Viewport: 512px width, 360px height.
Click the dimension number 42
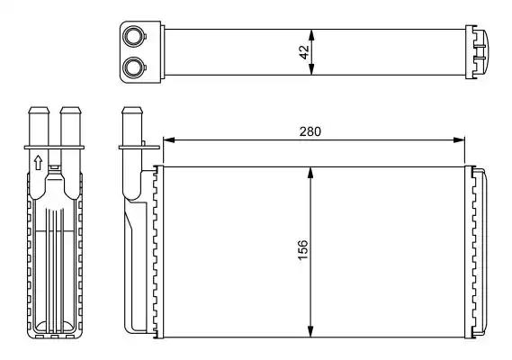pyautogui.click(x=304, y=52)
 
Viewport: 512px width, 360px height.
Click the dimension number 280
pyautogui.click(x=310, y=131)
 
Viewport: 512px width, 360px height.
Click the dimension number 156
pyautogui.click(x=303, y=250)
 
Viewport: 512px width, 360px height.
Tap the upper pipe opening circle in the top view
pyautogui.click(x=133, y=36)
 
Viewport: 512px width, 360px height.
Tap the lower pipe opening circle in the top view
pyautogui.click(x=133, y=67)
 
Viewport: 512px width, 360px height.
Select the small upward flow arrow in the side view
pyautogui.click(x=38, y=162)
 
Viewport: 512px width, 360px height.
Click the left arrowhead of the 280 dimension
pyautogui.click(x=168, y=140)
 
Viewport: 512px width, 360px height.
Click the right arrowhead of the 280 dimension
pyautogui.click(x=460, y=140)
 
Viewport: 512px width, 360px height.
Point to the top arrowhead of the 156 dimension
pyautogui.click(x=310, y=173)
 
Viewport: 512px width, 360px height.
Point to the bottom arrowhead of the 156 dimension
pyautogui.click(x=310, y=331)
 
